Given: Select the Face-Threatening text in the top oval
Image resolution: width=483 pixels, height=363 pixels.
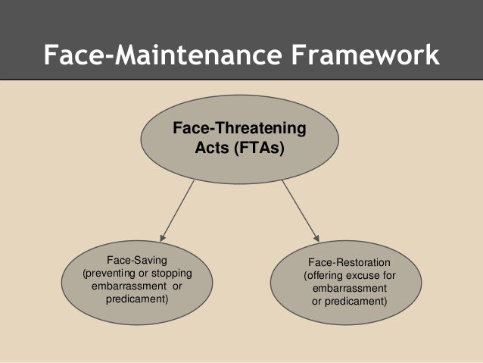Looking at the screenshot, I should tap(240, 130).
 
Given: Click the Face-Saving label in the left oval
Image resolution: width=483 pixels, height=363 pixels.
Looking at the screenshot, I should tap(136, 259).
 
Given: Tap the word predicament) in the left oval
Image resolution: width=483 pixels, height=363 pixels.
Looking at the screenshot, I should tap(136, 300).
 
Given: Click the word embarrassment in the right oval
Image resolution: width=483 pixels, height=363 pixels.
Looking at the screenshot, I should tap(349, 289).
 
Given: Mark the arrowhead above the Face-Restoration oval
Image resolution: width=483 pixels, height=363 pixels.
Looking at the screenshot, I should tap(316, 237).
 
